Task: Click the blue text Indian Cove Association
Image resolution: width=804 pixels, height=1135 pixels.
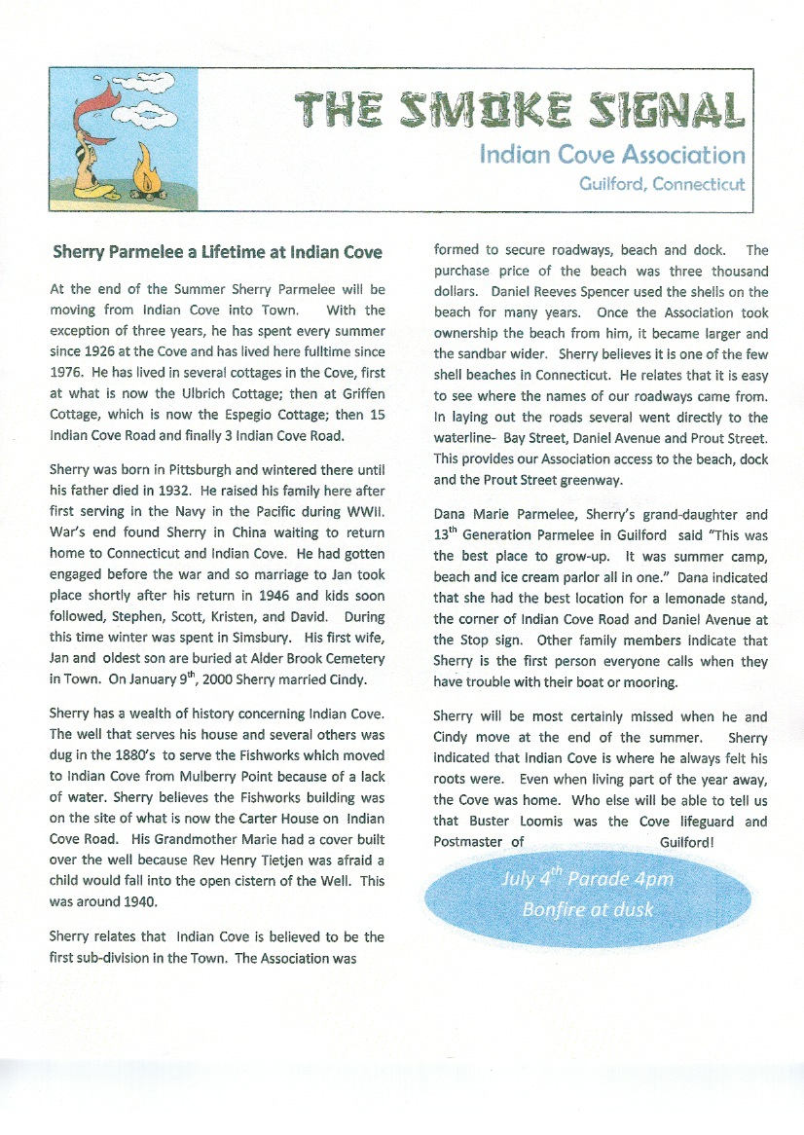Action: tap(612, 155)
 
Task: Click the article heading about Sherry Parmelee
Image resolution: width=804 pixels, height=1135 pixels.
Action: tap(217, 252)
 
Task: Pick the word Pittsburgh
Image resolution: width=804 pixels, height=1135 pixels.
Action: tap(179, 469)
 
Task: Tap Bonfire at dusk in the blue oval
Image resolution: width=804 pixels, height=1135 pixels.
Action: tap(587, 910)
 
